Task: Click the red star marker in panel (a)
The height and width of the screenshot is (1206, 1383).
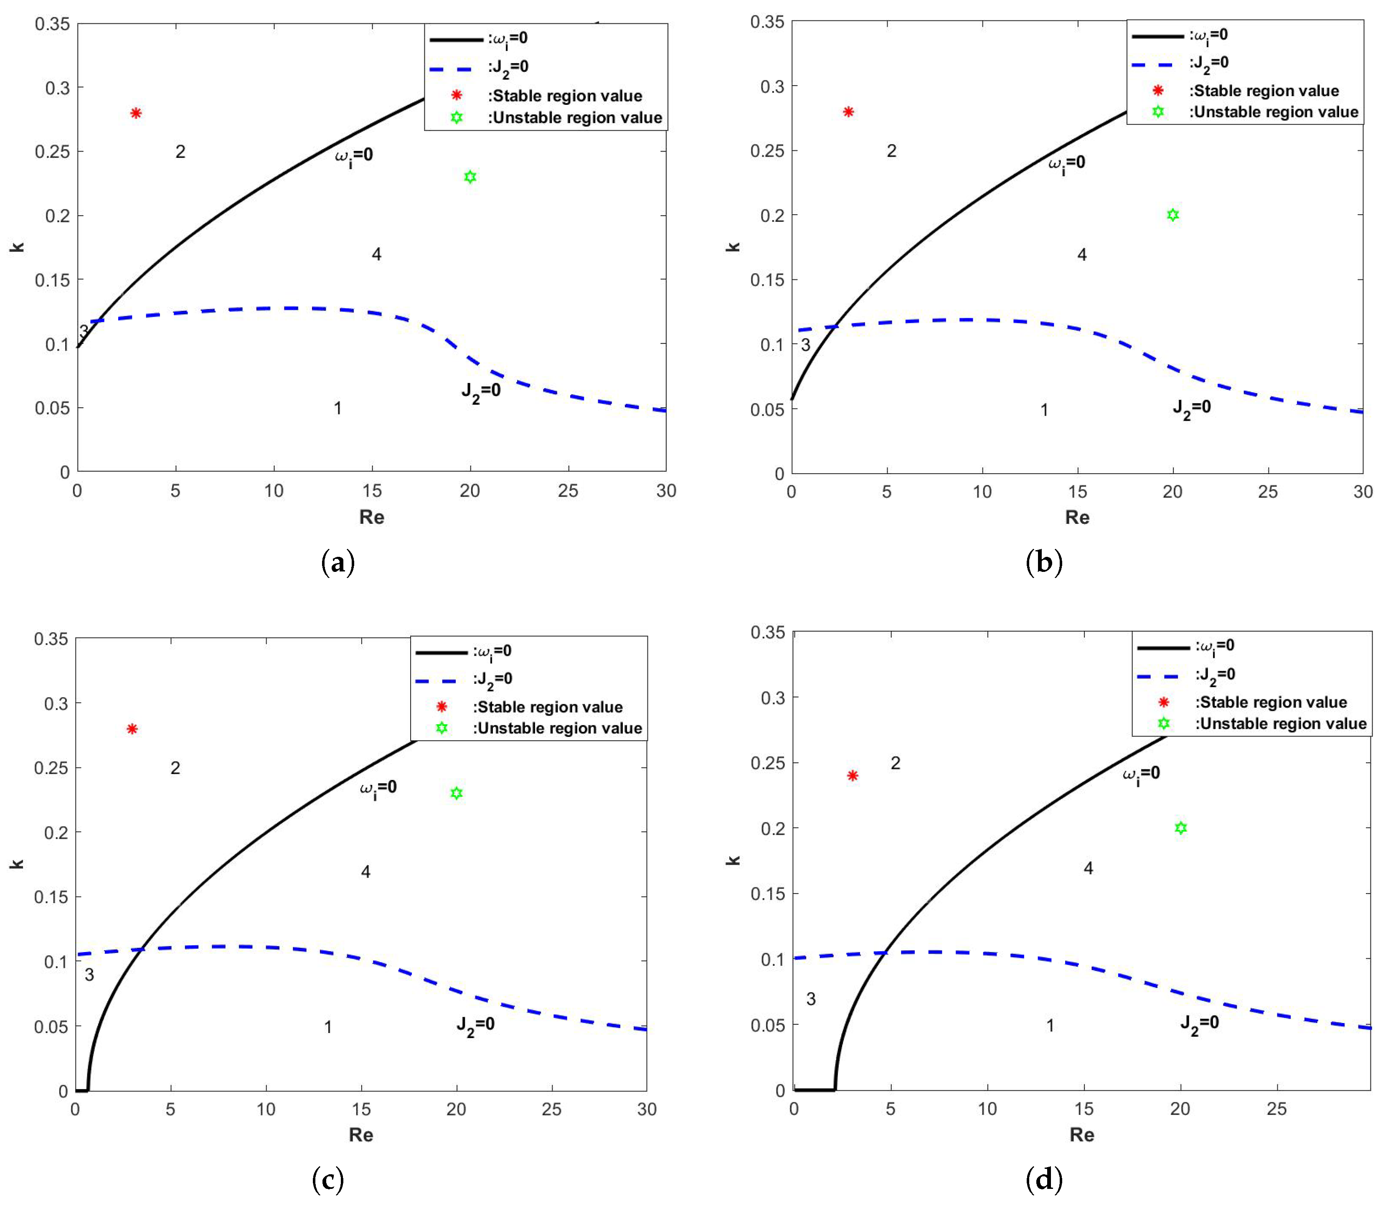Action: (x=136, y=113)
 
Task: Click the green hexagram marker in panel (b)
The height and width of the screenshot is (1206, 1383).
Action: (x=1172, y=215)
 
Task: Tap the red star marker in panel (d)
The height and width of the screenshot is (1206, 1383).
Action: (x=853, y=775)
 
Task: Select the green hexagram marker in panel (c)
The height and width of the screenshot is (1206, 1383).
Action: (x=456, y=793)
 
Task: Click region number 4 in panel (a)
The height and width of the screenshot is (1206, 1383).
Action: (x=376, y=254)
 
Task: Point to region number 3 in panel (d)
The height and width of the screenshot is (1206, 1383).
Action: (x=811, y=999)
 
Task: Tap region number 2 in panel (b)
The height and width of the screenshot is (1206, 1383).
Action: (x=891, y=151)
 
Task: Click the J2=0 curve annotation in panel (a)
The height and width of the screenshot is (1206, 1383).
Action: (x=480, y=392)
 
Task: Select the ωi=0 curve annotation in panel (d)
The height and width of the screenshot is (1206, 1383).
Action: (x=1141, y=774)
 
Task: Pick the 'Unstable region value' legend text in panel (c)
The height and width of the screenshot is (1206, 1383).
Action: (x=557, y=728)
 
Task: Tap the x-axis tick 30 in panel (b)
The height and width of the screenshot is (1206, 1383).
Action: (x=1362, y=492)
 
